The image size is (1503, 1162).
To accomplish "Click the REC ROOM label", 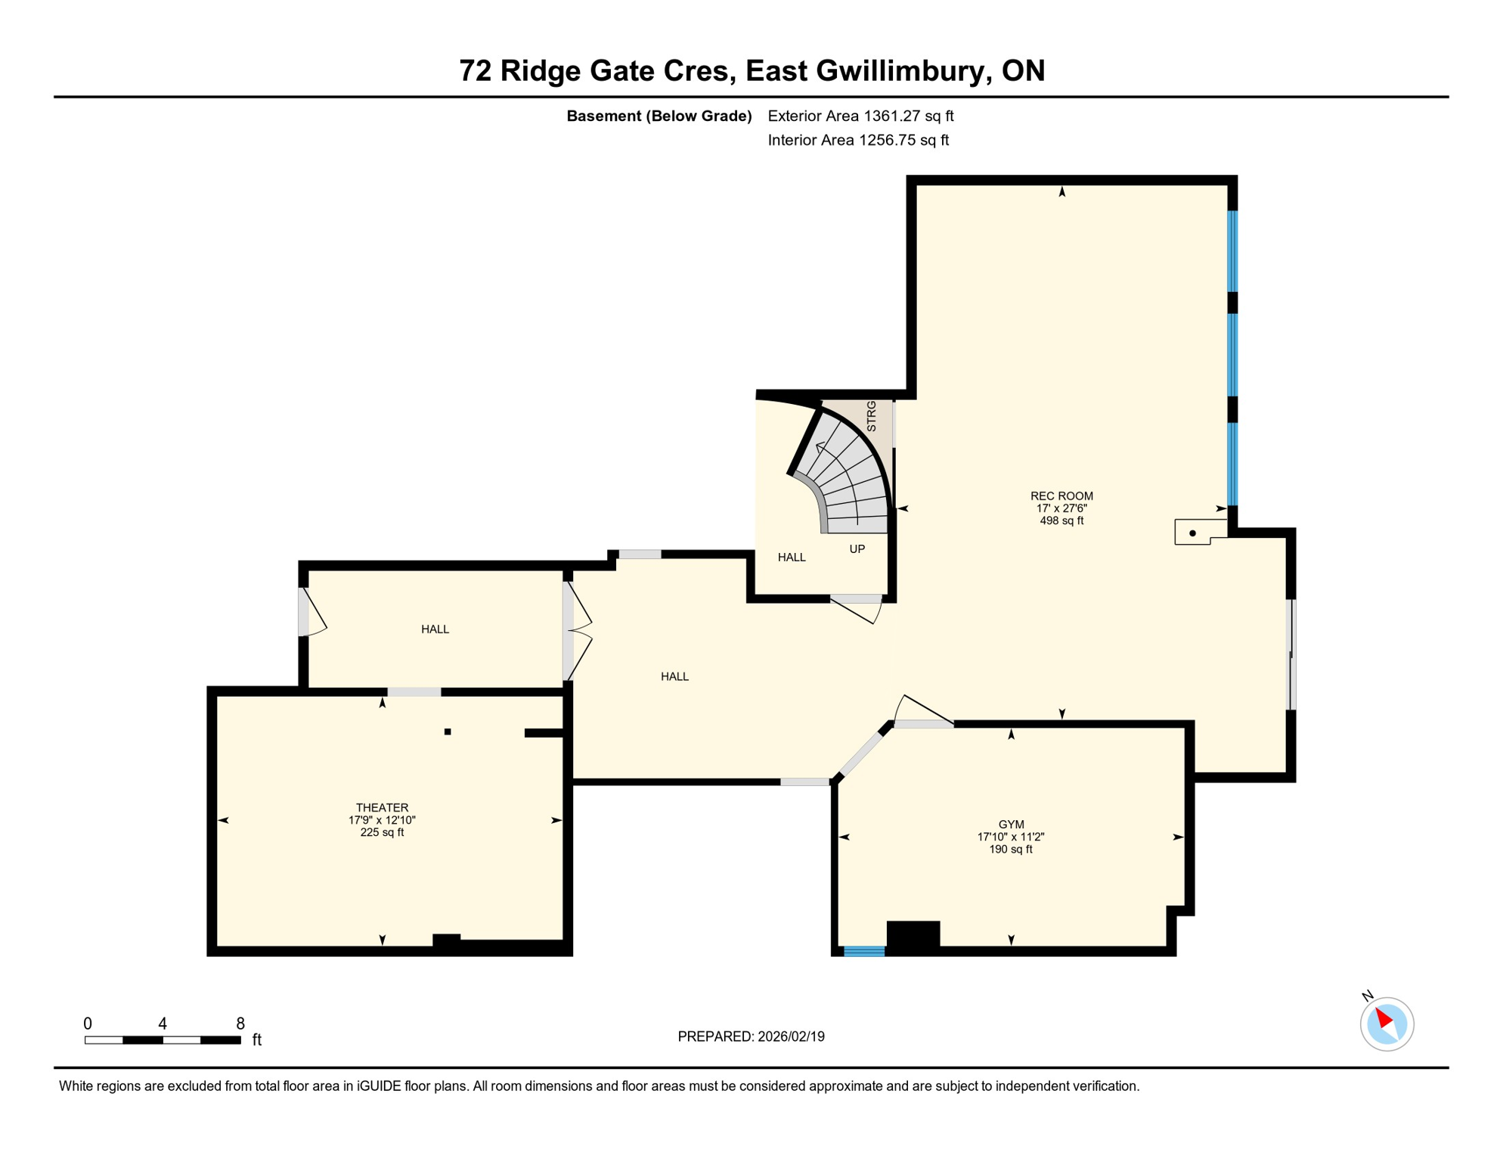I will pos(1061,496).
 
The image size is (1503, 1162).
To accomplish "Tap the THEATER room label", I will pos(382,807).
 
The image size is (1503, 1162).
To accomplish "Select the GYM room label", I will pos(1011,824).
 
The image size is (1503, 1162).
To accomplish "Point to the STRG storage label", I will pos(871,416).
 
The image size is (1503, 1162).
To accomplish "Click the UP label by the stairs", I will pos(857,548).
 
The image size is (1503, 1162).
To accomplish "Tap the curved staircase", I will pos(847,477).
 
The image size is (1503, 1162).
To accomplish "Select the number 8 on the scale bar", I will pos(240,1024).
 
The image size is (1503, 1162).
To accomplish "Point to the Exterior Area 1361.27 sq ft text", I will pos(860,116).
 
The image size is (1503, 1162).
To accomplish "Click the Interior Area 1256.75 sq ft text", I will pos(858,140).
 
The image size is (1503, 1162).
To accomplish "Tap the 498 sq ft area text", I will pos(1061,520).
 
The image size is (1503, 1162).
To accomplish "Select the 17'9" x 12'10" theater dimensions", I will pos(382,820).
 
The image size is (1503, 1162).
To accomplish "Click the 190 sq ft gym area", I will pos(1011,849).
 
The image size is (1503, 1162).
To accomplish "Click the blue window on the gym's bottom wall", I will pos(863,951).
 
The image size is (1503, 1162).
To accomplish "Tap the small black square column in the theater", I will pos(448,732).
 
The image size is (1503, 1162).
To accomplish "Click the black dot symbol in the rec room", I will pos(1192,533).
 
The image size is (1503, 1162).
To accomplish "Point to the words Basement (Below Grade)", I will pos(659,116).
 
